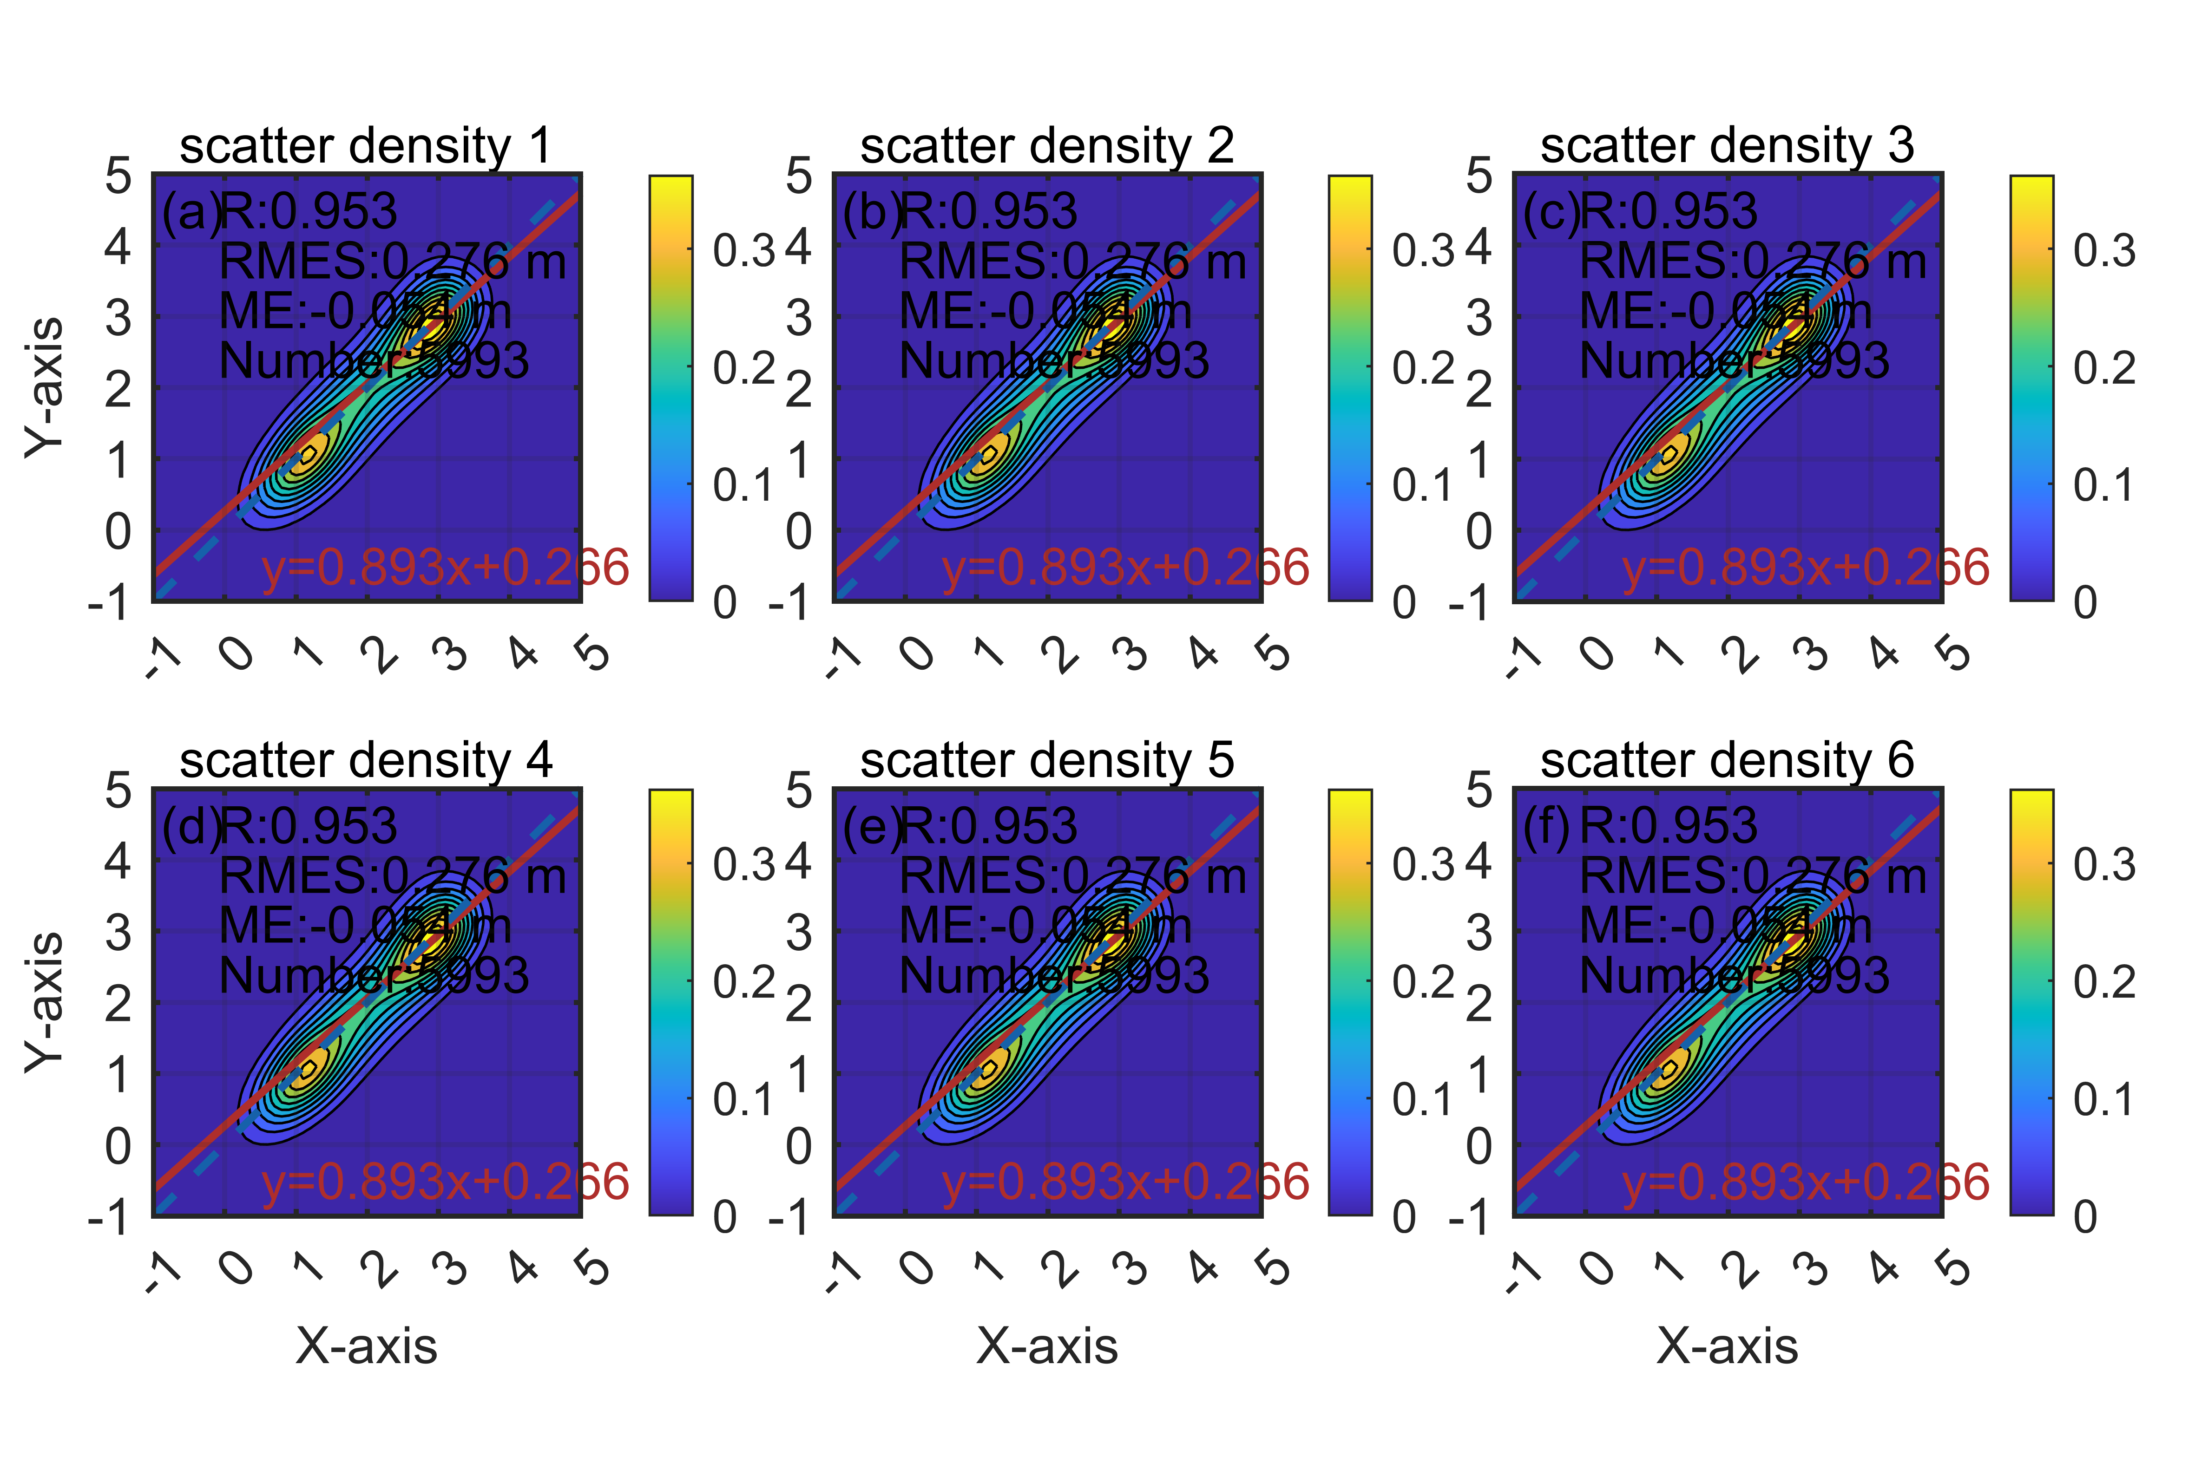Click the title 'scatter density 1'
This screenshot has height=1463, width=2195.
pos(366,146)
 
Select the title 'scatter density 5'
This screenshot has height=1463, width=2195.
pos(1046,760)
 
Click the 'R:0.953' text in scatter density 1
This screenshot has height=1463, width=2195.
pos(309,212)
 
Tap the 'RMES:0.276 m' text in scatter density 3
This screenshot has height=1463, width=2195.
pos(1753,261)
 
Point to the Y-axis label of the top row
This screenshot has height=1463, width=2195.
pos(45,387)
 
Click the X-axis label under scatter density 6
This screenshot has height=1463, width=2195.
pos(1727,1346)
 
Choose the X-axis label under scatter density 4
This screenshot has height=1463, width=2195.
pos(366,1346)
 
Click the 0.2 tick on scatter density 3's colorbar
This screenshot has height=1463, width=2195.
pos(2104,369)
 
